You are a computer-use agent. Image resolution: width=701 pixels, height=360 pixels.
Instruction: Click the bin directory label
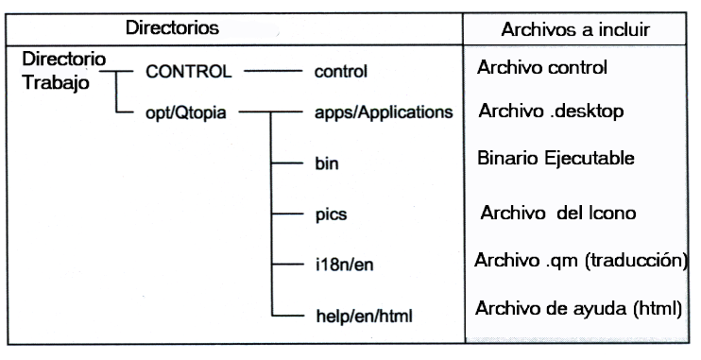(324, 163)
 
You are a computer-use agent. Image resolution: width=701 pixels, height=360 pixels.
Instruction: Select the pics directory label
(329, 214)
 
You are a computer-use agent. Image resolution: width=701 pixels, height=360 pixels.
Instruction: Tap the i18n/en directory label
(340, 264)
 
